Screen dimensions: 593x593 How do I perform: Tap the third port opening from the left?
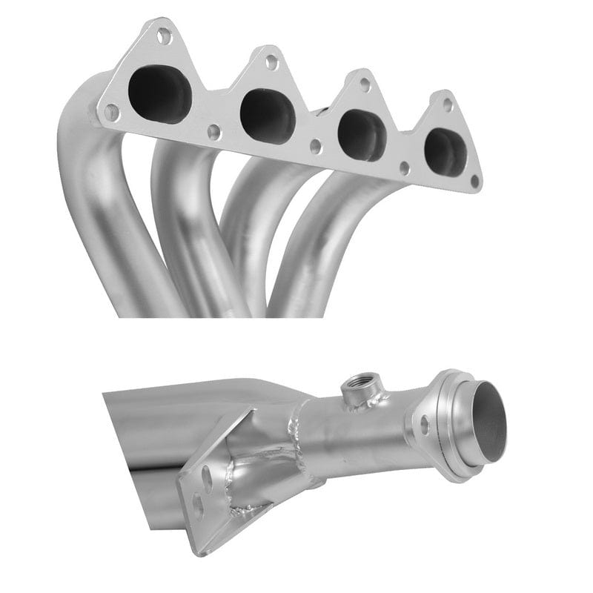(x=362, y=135)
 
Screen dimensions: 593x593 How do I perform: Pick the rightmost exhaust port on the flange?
(x=445, y=152)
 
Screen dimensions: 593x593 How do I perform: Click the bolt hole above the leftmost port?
(x=165, y=34)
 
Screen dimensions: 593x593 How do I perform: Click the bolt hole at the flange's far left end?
(x=111, y=112)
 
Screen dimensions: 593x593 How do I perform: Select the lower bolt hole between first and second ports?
(x=213, y=132)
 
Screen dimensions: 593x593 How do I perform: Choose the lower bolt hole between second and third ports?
(x=316, y=146)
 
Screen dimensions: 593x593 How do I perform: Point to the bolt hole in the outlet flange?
(x=425, y=425)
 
